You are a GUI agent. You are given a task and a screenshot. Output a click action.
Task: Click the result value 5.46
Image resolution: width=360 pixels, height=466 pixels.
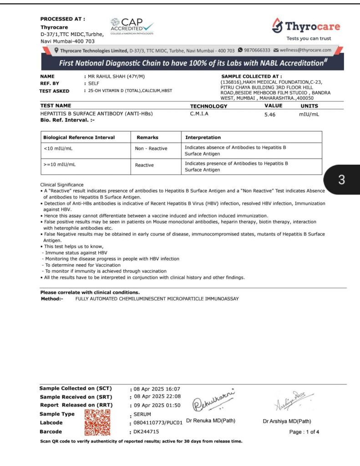tap(270, 114)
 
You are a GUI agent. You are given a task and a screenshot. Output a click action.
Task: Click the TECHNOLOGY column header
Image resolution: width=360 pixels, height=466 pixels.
tap(208, 106)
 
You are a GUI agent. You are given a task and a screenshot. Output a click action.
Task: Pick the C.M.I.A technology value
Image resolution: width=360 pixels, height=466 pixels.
tap(199, 114)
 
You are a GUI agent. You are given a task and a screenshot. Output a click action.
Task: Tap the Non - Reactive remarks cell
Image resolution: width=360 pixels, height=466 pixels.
tap(151, 148)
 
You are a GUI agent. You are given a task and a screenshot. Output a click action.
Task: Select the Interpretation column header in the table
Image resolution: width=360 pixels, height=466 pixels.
tap(203, 137)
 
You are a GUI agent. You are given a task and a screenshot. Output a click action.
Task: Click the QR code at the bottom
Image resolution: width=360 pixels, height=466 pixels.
tap(98, 422)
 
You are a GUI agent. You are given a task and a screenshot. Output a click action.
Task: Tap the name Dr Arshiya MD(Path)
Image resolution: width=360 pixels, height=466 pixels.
tap(287, 421)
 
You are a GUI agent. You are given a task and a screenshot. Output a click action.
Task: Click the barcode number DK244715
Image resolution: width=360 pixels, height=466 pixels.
tap(146, 431)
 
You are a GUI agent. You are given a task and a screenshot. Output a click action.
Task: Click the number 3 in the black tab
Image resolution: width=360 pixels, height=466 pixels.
tap(342, 180)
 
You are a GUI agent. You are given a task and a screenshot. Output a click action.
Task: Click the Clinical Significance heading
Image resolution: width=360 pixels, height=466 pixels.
tap(62, 184)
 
